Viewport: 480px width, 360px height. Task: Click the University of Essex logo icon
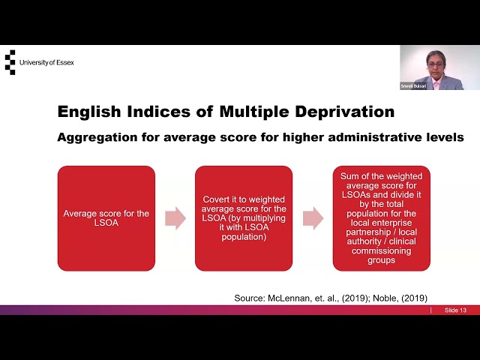point(10,62)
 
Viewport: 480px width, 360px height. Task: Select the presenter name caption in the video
point(413,86)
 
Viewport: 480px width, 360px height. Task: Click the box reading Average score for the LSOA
point(106,218)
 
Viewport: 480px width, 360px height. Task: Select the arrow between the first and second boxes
point(175,218)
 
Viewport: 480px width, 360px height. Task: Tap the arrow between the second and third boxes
point(313,218)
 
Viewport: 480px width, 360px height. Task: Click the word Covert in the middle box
point(217,199)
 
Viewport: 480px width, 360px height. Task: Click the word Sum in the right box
point(349,176)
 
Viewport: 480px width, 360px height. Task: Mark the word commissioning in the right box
point(382,251)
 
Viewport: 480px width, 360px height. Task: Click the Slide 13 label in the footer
point(455,310)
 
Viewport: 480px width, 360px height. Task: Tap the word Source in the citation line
point(250,298)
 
